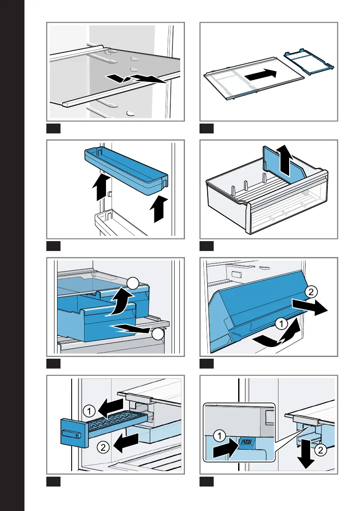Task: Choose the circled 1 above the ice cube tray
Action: [89, 411]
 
